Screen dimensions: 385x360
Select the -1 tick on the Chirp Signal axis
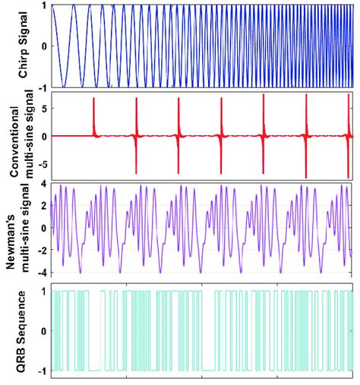(43, 87)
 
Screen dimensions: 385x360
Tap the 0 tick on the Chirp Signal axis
(45, 46)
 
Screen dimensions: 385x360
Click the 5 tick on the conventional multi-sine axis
(45, 108)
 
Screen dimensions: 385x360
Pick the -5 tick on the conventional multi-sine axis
(43, 164)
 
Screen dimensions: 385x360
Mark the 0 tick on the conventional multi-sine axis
(45, 136)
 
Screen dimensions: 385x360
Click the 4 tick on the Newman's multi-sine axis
(45, 184)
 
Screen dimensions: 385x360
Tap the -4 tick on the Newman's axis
(43, 272)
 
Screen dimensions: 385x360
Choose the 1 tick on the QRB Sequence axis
(45, 291)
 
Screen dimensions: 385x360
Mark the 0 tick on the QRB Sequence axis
(45, 330)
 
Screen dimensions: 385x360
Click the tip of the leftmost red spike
(93, 99)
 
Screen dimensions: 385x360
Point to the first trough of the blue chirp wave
(65, 87)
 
